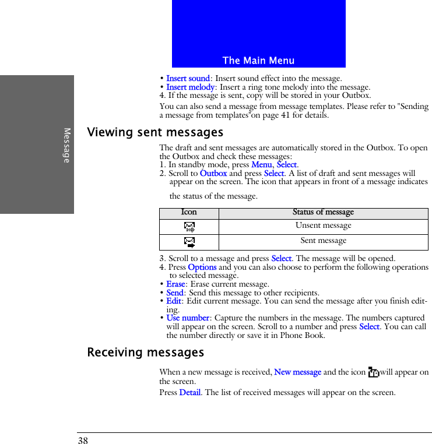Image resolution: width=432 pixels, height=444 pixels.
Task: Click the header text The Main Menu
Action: click(258, 61)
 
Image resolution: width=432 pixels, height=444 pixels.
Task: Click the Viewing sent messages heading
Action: click(155, 133)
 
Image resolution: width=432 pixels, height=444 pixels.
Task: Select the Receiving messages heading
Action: click(146, 353)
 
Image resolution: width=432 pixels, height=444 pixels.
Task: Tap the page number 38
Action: click(83, 441)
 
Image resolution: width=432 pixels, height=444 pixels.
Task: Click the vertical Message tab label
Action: click(66, 145)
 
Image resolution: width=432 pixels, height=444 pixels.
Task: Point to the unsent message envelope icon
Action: click(189, 227)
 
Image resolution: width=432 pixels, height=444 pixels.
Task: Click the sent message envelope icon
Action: click(189, 242)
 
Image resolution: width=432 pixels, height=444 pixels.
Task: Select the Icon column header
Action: click(189, 213)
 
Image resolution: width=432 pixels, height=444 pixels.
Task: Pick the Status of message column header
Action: click(323, 213)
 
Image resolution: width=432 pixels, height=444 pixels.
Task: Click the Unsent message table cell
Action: click(323, 225)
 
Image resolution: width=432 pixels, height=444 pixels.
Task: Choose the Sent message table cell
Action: click(323, 241)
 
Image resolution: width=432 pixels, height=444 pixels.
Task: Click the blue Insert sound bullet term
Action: click(188, 79)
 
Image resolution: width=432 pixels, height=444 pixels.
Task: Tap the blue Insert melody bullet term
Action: click(191, 87)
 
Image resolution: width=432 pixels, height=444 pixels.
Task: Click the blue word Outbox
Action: click(213, 174)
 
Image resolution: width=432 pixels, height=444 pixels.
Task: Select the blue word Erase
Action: click(175, 284)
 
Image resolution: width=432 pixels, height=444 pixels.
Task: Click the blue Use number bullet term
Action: click(188, 318)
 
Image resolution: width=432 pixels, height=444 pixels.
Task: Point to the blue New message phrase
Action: click(297, 372)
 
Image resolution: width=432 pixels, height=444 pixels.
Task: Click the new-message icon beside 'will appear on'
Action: click(374, 372)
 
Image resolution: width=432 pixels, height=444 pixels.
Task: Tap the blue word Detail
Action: click(190, 393)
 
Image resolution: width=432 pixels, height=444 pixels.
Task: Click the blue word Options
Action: click(202, 267)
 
